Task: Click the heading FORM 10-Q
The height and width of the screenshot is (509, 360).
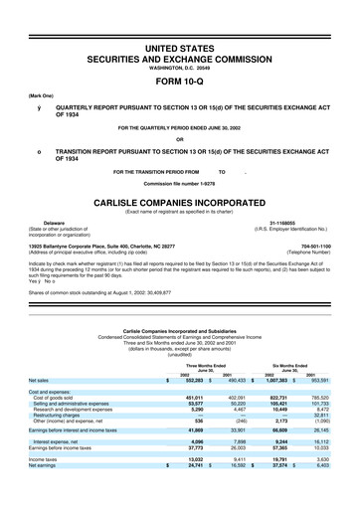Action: (179, 55)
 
